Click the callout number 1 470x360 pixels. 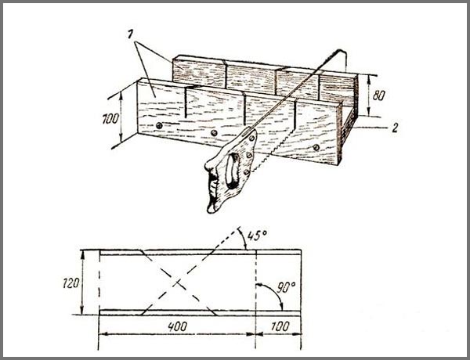click(x=130, y=34)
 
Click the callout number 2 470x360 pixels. click(x=395, y=128)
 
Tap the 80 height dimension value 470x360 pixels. click(x=378, y=95)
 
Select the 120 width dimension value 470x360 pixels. click(x=71, y=283)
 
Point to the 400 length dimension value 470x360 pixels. click(x=178, y=326)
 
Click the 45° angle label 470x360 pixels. click(x=257, y=235)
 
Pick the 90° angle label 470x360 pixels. click(x=285, y=288)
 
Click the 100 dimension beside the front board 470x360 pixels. click(x=110, y=119)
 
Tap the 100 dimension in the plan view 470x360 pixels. click(x=280, y=326)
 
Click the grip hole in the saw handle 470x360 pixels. click(x=232, y=171)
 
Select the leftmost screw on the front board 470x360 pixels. click(x=159, y=125)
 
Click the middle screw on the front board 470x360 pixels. click(x=214, y=133)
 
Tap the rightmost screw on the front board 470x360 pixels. click(x=316, y=147)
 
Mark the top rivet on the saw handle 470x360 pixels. click(x=251, y=138)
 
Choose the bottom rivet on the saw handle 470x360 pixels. click(x=247, y=172)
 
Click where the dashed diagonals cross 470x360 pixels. click(x=178, y=282)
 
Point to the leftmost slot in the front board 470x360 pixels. click(x=185, y=102)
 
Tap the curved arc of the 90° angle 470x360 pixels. click(x=273, y=293)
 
